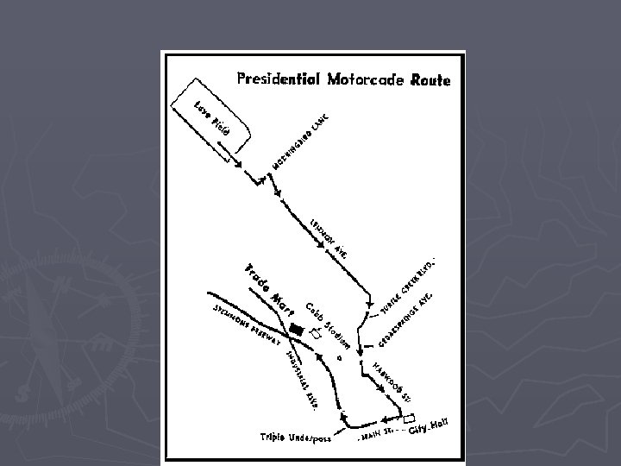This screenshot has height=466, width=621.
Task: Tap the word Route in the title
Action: [430, 80]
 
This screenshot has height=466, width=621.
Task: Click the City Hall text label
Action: [429, 425]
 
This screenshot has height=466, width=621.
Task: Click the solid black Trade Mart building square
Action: [297, 329]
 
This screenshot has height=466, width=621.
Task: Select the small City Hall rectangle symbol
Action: [409, 419]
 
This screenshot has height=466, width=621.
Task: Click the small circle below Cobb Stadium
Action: [340, 354]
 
